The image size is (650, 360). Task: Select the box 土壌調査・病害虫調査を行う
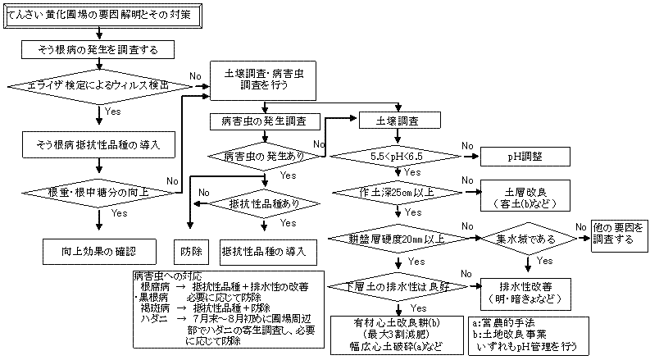tap(261, 79)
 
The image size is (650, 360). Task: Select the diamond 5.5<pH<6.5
tap(397, 154)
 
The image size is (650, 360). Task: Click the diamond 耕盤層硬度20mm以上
tap(397, 239)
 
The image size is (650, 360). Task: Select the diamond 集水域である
tap(525, 239)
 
